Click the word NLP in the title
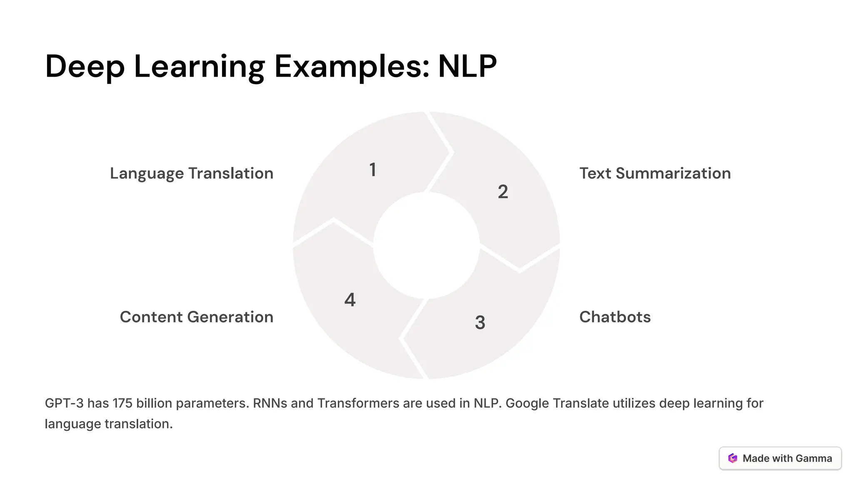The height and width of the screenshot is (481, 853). click(467, 66)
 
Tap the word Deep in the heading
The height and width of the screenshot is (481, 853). click(85, 66)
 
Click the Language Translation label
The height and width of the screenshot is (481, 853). click(192, 173)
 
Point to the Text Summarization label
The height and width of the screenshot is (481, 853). click(655, 173)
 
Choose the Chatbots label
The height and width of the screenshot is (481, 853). click(615, 317)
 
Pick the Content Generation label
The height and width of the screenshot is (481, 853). click(197, 317)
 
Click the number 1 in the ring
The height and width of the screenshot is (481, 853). click(373, 170)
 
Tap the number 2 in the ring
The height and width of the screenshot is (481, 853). click(503, 192)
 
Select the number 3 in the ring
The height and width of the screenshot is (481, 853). click(480, 323)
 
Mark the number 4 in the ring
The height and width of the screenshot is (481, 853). click(350, 300)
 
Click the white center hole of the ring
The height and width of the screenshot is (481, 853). click(426, 246)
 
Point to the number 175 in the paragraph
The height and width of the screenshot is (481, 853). click(122, 403)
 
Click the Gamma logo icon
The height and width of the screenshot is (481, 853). click(733, 458)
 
